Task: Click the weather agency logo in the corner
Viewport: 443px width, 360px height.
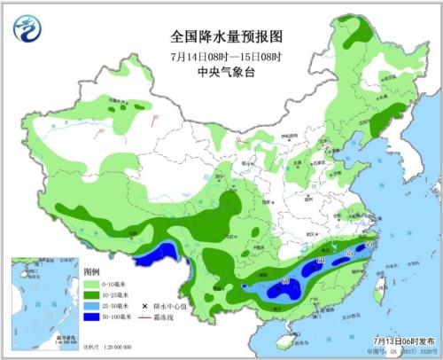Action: click(x=26, y=29)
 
